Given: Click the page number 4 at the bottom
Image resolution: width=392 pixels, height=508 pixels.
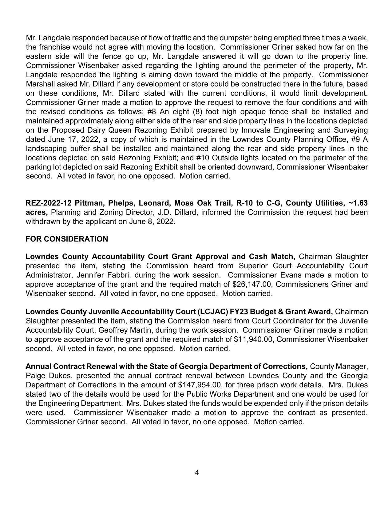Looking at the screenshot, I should [x=197, y=472].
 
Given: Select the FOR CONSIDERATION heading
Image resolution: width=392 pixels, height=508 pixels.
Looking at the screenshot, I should [x=67, y=239].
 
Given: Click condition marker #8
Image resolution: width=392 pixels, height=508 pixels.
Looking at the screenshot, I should [x=152, y=112].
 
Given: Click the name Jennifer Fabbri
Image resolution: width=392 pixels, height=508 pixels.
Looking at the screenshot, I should [x=104, y=275].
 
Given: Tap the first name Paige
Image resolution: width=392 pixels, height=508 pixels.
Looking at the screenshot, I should [x=35, y=376].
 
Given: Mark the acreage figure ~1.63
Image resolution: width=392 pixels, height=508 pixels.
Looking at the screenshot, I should [x=358, y=203].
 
